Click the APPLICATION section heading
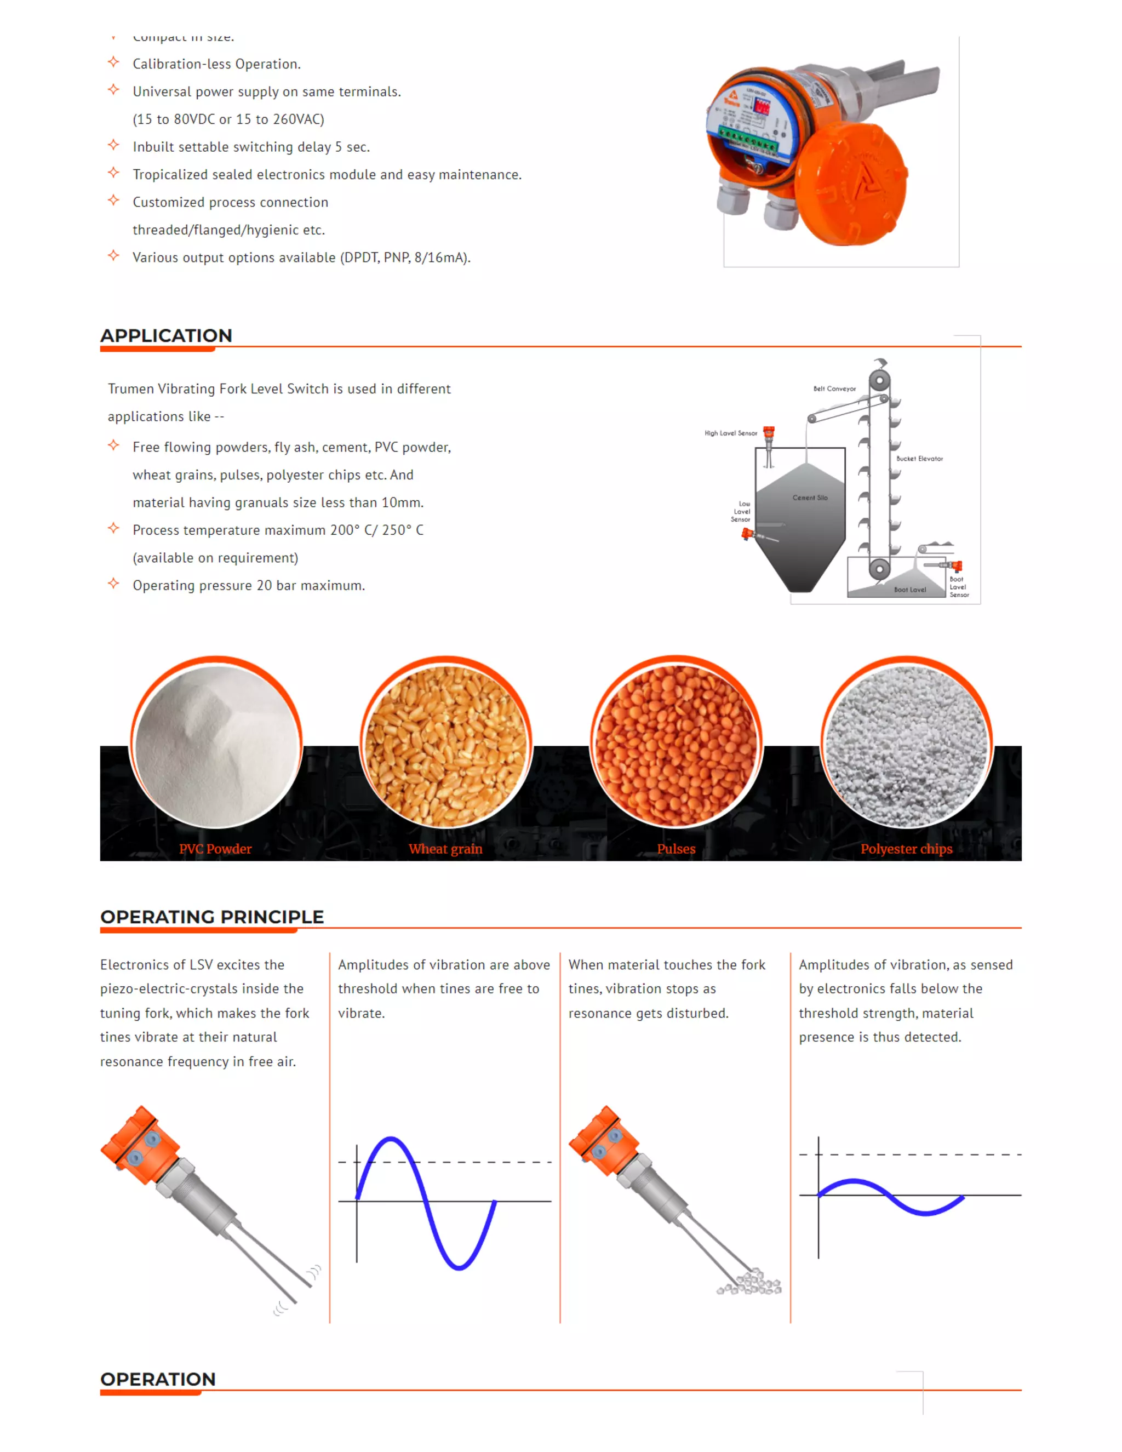pyautogui.click(x=166, y=336)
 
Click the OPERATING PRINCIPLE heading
pyautogui.click(x=212, y=917)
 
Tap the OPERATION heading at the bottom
pyautogui.click(x=158, y=1379)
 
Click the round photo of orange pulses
pyautogui.click(x=676, y=745)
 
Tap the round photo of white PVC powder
pyautogui.click(x=216, y=745)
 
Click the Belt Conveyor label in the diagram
pyautogui.click(x=834, y=389)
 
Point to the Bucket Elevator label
pyautogui.click(x=919, y=459)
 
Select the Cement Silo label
pyautogui.click(x=810, y=498)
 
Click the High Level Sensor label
pyautogui.click(x=730, y=433)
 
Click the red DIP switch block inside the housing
pyautogui.click(x=760, y=106)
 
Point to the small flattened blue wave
pyautogui.click(x=891, y=1197)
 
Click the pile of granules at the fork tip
pyautogui.click(x=751, y=1283)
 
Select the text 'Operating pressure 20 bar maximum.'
pyautogui.click(x=249, y=586)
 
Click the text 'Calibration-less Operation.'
pyautogui.click(x=217, y=64)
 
